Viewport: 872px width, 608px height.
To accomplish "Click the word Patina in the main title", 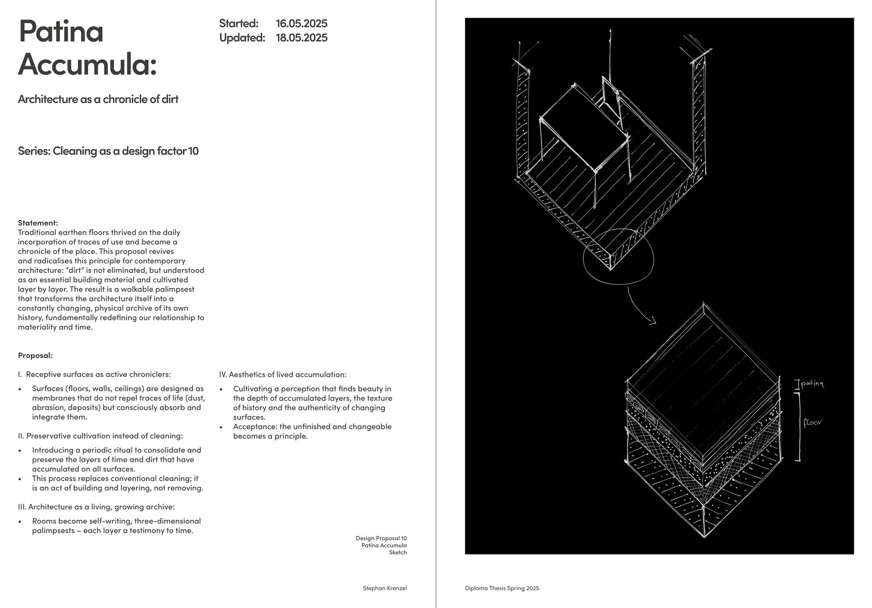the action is (x=61, y=31).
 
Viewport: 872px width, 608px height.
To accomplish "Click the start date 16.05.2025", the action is (x=302, y=23).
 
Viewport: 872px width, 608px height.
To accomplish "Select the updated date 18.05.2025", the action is (x=302, y=38).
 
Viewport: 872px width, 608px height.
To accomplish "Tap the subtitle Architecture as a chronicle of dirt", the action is (x=98, y=99).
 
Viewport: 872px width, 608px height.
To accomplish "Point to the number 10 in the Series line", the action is (x=193, y=151).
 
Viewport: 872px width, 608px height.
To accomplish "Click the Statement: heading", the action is (x=38, y=223).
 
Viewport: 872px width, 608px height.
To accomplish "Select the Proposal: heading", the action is (x=35, y=356).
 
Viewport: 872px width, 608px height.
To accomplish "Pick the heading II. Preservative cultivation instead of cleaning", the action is (x=100, y=436).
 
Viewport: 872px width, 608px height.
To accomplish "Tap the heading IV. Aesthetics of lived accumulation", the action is (x=283, y=375).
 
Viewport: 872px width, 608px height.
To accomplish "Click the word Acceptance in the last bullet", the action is (x=255, y=427).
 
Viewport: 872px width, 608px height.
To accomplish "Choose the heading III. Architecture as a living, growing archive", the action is (x=96, y=507).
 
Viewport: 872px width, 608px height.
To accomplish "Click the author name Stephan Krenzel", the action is (x=385, y=588).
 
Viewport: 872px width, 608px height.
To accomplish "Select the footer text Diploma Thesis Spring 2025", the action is (x=502, y=588).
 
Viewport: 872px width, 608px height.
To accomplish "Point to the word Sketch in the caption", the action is (x=398, y=553).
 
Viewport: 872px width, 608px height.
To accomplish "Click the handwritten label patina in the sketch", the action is (x=813, y=384).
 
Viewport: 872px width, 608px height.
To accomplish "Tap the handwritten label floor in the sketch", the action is (x=813, y=423).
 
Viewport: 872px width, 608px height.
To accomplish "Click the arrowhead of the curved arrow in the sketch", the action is (x=653, y=322).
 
